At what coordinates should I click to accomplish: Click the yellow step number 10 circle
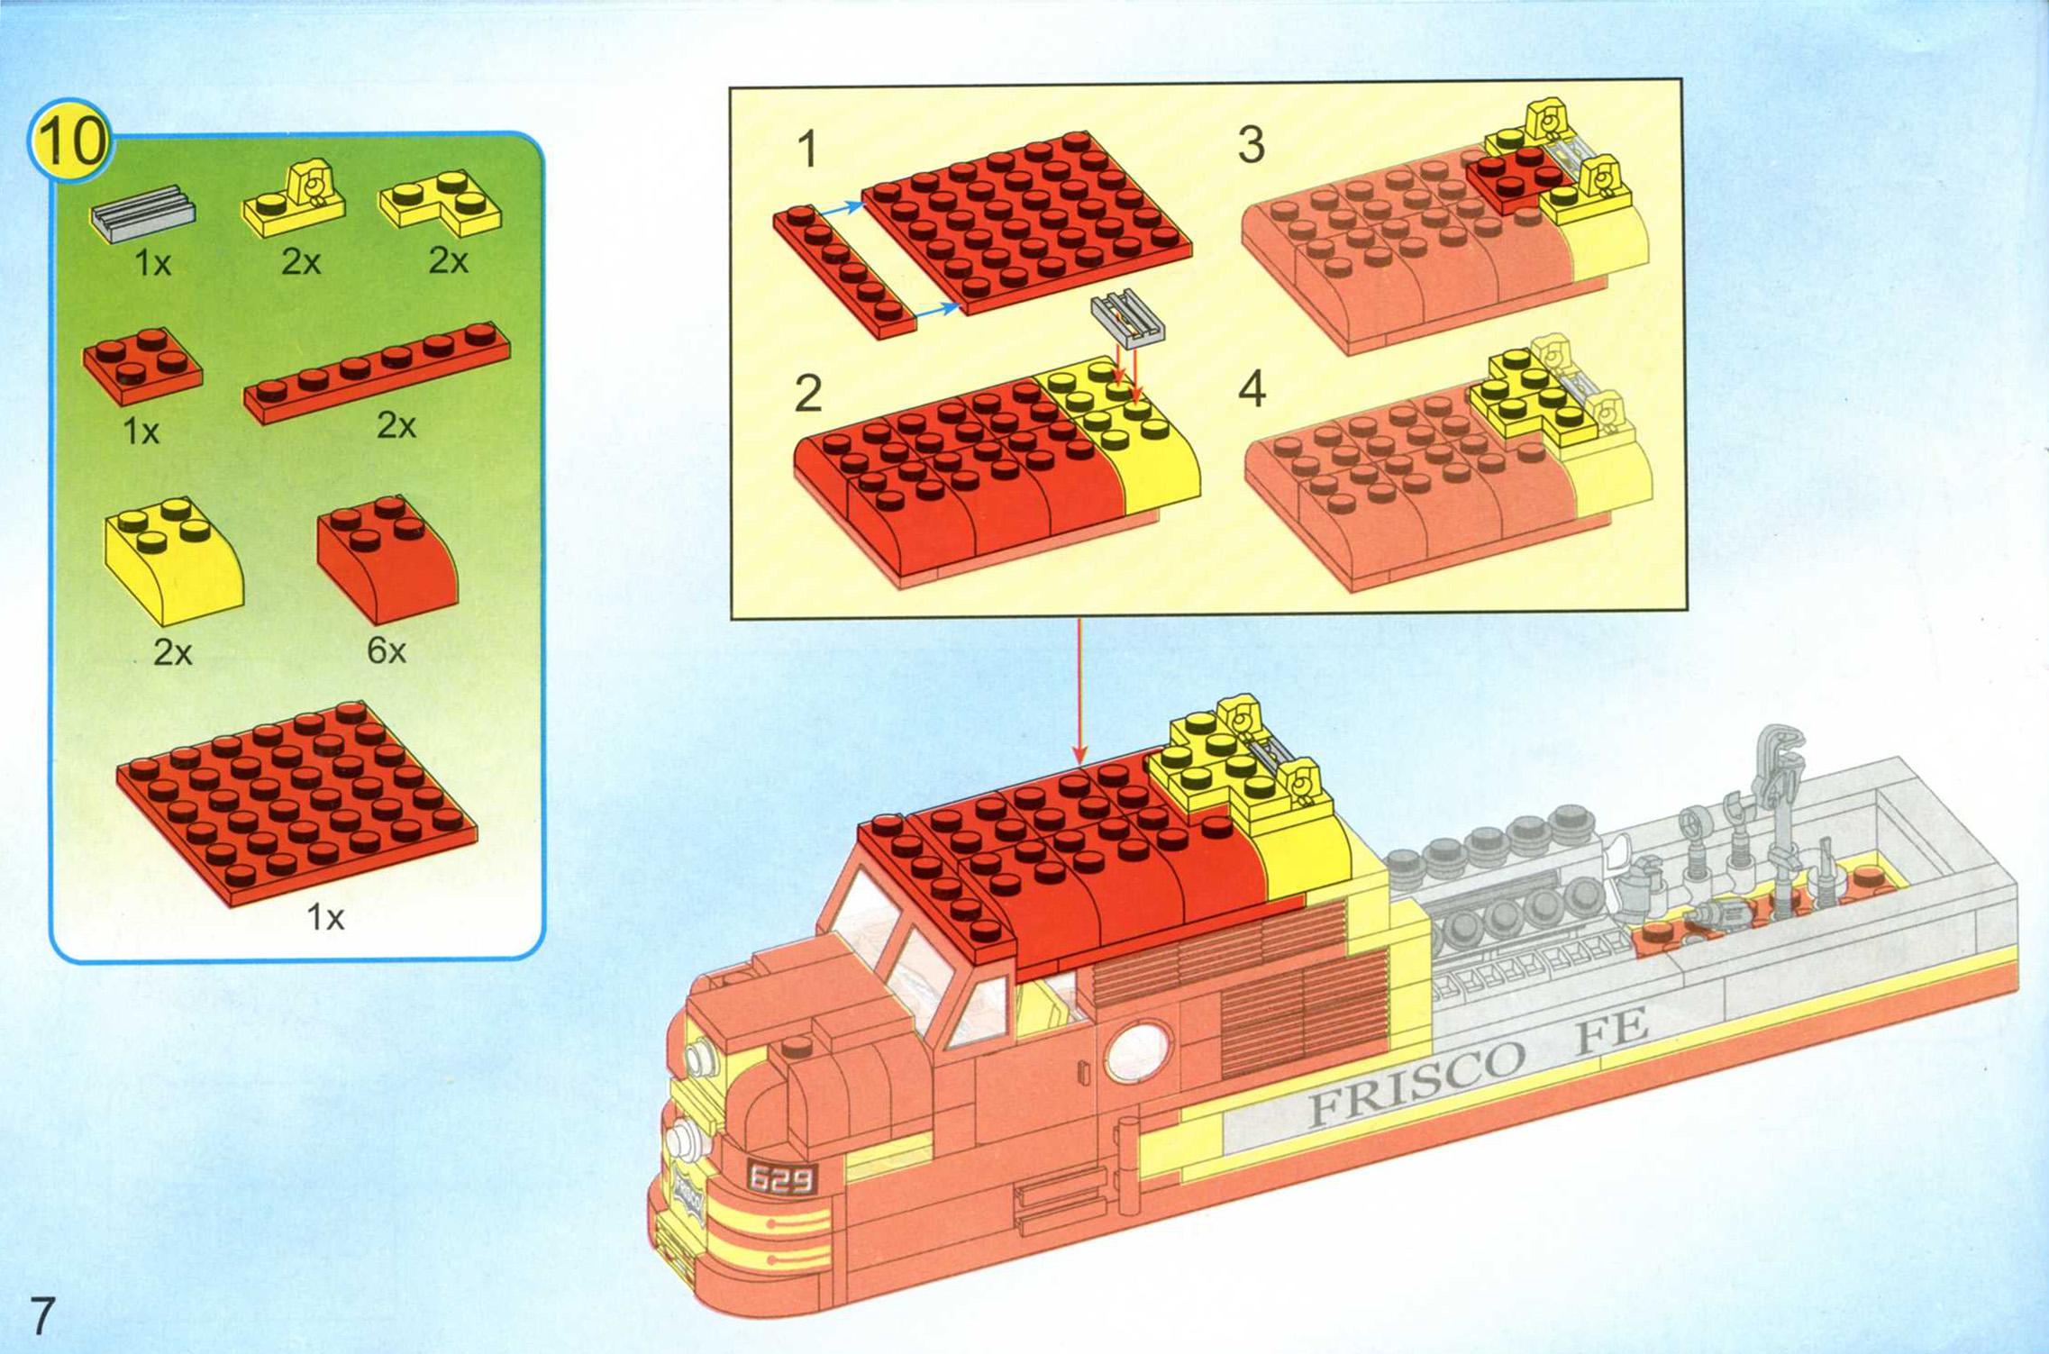[x=70, y=141]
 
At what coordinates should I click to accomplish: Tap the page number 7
[x=42, y=1316]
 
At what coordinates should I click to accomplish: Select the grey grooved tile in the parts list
[x=142, y=214]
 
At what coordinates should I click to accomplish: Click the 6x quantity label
[x=386, y=650]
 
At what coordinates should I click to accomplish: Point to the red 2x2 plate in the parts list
[x=142, y=365]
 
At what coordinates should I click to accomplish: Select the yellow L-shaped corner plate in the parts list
[x=442, y=203]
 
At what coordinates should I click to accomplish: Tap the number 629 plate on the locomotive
[x=781, y=1177]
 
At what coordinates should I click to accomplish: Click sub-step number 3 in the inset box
[x=1251, y=145]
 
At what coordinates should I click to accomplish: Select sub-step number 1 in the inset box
[x=807, y=149]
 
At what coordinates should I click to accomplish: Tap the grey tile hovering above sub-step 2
[x=1127, y=318]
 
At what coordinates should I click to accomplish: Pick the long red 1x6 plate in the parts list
[x=377, y=372]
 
